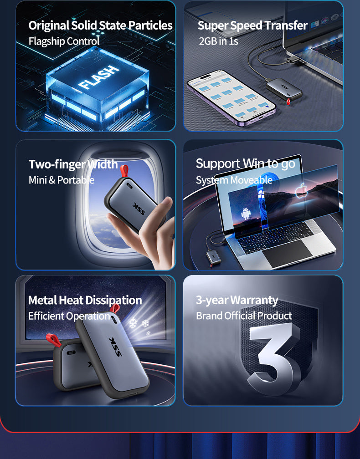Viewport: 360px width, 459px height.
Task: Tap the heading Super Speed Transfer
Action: (252, 25)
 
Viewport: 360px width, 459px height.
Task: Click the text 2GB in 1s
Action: (219, 41)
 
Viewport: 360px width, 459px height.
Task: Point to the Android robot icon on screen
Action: (246, 214)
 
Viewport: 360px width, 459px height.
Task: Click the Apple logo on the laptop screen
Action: (300, 190)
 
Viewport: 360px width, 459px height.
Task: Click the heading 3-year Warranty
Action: (237, 300)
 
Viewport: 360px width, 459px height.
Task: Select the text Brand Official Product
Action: (244, 316)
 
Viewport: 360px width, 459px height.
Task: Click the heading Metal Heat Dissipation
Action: (85, 300)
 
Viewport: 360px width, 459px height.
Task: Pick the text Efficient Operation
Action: (69, 316)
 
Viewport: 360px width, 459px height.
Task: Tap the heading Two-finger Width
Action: (73, 164)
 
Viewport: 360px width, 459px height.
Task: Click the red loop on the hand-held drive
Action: (125, 171)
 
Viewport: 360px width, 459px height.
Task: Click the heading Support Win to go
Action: (246, 163)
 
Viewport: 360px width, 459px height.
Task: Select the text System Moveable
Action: (234, 180)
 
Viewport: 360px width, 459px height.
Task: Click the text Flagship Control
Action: (64, 41)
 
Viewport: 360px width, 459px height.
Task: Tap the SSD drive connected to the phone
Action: (284, 89)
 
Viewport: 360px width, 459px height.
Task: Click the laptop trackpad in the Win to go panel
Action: (287, 253)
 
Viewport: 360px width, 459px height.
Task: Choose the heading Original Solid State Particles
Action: (100, 25)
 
